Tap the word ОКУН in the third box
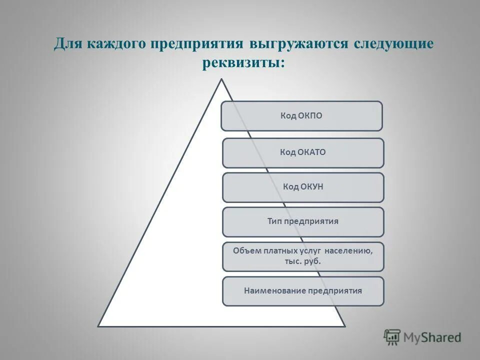coord(310,187)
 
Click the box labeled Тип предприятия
coord(303,221)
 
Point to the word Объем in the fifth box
coord(247,250)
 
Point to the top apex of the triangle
coord(221,79)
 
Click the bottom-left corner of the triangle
coord(98,326)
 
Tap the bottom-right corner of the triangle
coord(345,326)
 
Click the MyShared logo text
coord(432,337)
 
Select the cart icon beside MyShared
coord(392,337)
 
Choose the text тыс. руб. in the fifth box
coord(303,261)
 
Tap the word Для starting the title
coord(66,43)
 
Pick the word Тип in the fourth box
coord(274,221)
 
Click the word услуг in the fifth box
coord(310,250)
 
